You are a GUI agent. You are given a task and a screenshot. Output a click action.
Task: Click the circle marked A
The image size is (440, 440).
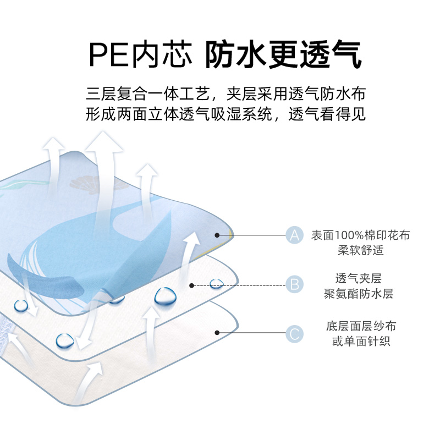[295, 235]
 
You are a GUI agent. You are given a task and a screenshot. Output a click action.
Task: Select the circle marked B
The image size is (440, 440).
[295, 284]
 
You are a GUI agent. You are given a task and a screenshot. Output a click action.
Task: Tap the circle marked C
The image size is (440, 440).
[295, 333]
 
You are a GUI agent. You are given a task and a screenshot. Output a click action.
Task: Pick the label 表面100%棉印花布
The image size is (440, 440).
[360, 235]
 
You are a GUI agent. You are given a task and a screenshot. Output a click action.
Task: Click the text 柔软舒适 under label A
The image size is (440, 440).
[360, 250]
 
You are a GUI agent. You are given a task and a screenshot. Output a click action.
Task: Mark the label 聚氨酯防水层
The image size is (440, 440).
[360, 293]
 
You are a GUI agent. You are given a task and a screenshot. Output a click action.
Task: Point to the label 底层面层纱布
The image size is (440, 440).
[360, 327]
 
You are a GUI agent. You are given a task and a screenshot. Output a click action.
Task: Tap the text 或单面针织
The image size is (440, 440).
[360, 342]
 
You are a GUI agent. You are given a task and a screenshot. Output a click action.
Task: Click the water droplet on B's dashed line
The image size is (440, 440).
[217, 284]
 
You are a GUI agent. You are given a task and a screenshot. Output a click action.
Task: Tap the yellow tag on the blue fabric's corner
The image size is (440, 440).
[231, 236]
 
